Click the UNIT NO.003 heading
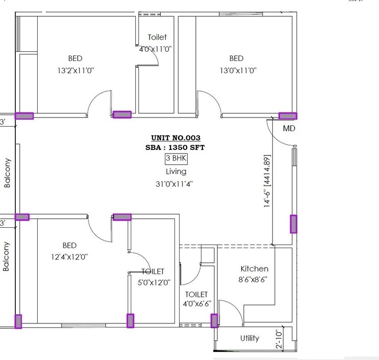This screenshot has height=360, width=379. [x=176, y=138]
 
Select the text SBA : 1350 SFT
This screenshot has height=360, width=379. [x=176, y=147]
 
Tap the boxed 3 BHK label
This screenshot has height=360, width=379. [x=176, y=159]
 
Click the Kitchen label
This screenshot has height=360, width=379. [x=254, y=268]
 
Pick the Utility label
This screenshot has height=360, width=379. [x=249, y=338]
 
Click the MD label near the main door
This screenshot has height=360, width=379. [x=289, y=129]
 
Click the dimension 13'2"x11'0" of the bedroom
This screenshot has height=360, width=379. [x=75, y=71]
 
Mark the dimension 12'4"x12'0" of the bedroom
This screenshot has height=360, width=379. [x=70, y=257]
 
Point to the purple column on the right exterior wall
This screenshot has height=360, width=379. [x=294, y=224]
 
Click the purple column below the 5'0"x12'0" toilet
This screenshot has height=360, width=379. [x=130, y=321]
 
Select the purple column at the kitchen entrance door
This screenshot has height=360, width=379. [x=214, y=320]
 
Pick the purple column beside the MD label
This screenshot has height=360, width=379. [x=288, y=116]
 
